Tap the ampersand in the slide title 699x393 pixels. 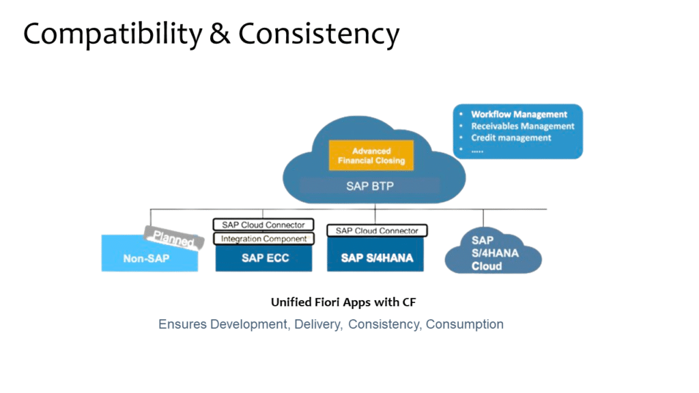[x=219, y=34]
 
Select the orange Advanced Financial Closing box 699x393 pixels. [x=371, y=156]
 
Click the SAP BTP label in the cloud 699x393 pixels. [x=369, y=186]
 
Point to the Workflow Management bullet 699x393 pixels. [x=519, y=115]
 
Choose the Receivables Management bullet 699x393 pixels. [x=522, y=126]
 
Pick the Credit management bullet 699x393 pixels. [x=511, y=138]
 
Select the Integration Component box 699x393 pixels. [x=263, y=239]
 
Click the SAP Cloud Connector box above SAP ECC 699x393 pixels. [x=263, y=224]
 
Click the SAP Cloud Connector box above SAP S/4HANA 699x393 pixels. [x=377, y=231]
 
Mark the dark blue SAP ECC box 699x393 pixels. [x=263, y=259]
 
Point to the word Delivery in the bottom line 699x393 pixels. [x=317, y=324]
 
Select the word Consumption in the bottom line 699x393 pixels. [x=464, y=324]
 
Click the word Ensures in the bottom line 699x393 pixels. [x=182, y=324]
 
